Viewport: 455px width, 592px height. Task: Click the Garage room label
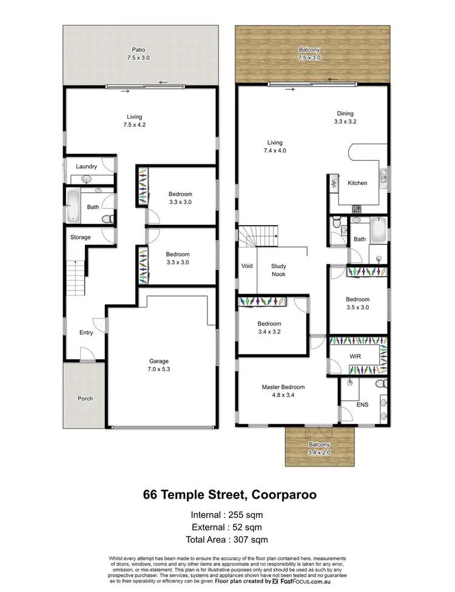pos(159,361)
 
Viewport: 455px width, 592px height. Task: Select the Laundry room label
pos(87,166)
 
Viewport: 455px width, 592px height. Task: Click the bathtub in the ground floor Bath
pos(73,206)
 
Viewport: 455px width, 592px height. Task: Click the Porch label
pos(84,399)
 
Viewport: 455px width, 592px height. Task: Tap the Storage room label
pos(80,237)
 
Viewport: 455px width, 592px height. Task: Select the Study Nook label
pos(278,270)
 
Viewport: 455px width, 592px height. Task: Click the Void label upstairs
pos(246,266)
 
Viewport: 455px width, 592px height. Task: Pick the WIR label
pos(355,356)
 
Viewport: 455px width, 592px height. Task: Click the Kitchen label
pos(357,183)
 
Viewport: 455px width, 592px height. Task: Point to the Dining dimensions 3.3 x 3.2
pos(345,121)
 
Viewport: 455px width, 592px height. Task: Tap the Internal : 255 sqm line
pos(227,515)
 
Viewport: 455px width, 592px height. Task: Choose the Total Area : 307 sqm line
pos(227,539)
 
